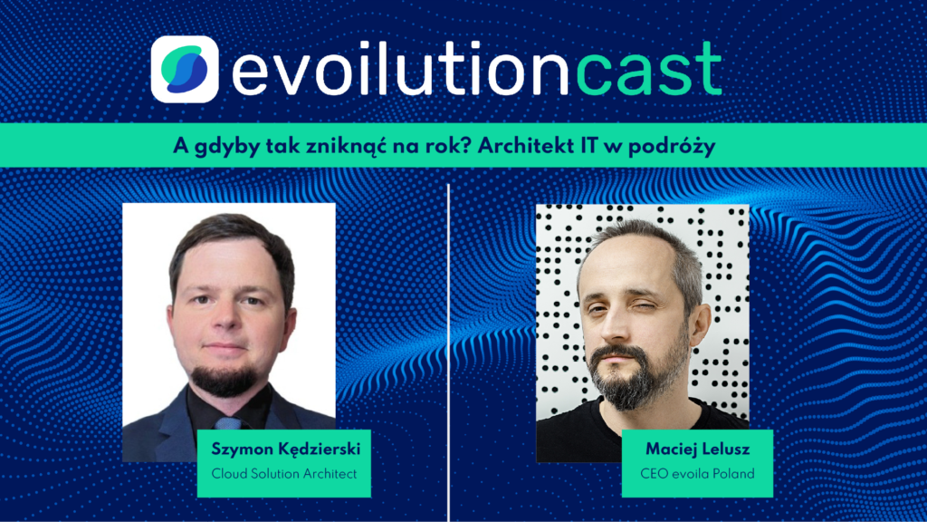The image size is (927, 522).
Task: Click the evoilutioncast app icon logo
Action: pos(185,69)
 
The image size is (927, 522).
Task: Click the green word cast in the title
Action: pos(648,69)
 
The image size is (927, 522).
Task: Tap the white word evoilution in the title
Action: pos(400,69)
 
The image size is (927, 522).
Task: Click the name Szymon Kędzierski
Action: pos(286,449)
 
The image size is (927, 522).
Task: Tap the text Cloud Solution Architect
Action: pos(284,473)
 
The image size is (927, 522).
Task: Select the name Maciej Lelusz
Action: pos(698,449)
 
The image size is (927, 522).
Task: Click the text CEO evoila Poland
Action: pos(698,473)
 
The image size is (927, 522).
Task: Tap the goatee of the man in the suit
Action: pos(225,379)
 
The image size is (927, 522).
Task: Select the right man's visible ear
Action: pos(700,326)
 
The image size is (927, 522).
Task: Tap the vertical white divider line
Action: pos(448,353)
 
